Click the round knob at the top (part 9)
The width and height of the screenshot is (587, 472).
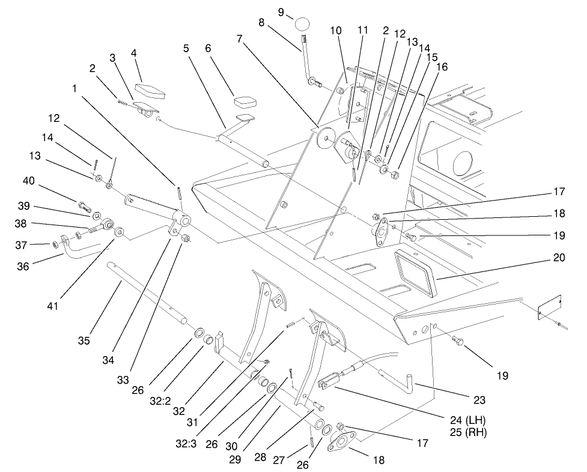pyautogui.click(x=305, y=25)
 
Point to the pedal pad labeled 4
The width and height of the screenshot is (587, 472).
pyautogui.click(x=150, y=91)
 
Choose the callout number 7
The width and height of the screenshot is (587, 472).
pyautogui.click(x=240, y=39)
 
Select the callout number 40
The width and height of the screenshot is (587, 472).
pyautogui.click(x=28, y=180)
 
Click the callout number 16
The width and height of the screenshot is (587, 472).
pyautogui.click(x=442, y=67)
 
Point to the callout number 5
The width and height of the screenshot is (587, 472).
pyautogui.click(x=187, y=47)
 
